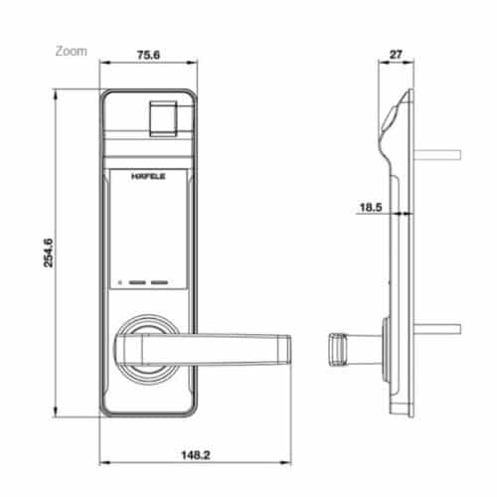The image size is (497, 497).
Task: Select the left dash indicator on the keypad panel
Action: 135,282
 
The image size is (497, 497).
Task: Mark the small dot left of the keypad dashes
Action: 117,282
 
